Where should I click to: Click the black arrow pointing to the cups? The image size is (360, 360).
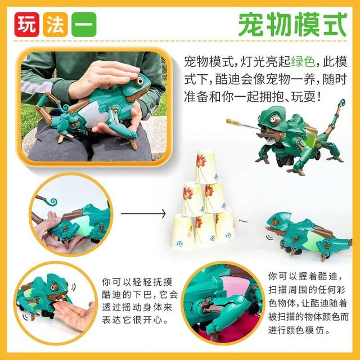(x=143, y=214)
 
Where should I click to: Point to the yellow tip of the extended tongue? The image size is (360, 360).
(x=229, y=120)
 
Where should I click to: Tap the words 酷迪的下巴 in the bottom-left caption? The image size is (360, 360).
(x=130, y=295)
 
